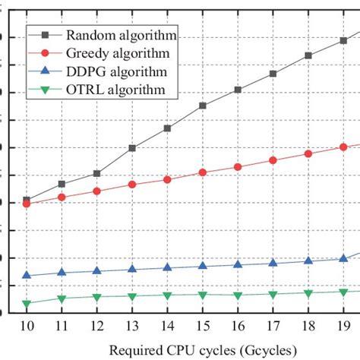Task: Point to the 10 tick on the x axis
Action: click(27, 326)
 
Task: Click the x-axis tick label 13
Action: click(132, 326)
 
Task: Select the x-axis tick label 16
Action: click(238, 326)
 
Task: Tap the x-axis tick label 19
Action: click(343, 326)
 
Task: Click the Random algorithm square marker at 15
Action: click(203, 106)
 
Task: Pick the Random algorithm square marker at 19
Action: click(343, 40)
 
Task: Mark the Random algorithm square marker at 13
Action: click(132, 148)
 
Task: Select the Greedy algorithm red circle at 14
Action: click(167, 179)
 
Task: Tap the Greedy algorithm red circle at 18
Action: click(308, 153)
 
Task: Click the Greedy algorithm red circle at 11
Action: click(62, 197)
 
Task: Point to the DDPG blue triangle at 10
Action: click(27, 276)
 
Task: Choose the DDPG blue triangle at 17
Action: click(273, 263)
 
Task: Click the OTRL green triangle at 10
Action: click(27, 304)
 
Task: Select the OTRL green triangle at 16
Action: click(238, 295)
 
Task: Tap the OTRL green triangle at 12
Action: click(97, 297)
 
